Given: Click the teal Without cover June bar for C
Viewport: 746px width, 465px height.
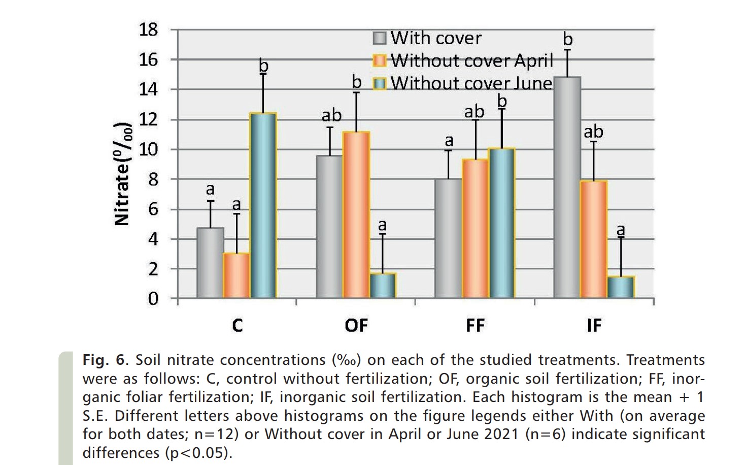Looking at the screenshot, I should [263, 205].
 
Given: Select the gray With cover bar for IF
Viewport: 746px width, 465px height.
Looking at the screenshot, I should [567, 188].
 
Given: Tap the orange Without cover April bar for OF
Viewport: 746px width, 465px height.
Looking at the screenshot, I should [356, 214].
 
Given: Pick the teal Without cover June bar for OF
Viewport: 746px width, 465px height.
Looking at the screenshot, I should [383, 286].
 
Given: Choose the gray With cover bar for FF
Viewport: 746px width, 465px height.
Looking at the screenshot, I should [449, 238].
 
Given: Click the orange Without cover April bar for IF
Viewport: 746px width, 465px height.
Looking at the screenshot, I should [594, 239].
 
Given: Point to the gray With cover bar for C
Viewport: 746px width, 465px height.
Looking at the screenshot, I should [210, 263].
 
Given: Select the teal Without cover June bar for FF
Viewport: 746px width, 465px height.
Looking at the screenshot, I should [502, 223].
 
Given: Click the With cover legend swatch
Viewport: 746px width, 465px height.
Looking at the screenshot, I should [380, 38].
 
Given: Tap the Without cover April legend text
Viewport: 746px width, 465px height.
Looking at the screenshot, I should [471, 60].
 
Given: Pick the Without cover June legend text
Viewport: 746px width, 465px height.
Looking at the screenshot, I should [471, 83].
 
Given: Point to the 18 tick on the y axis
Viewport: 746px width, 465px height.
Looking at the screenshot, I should [149, 29].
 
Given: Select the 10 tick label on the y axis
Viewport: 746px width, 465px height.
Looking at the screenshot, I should [149, 149].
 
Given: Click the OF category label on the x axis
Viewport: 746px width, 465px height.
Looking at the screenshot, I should [356, 325].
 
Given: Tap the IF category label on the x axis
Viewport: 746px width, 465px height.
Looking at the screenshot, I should [594, 325].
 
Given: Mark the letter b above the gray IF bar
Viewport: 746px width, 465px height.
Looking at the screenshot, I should [568, 39].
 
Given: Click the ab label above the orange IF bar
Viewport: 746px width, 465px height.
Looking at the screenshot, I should [593, 132].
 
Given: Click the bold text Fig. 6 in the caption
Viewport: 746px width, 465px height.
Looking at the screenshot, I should [104, 360].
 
